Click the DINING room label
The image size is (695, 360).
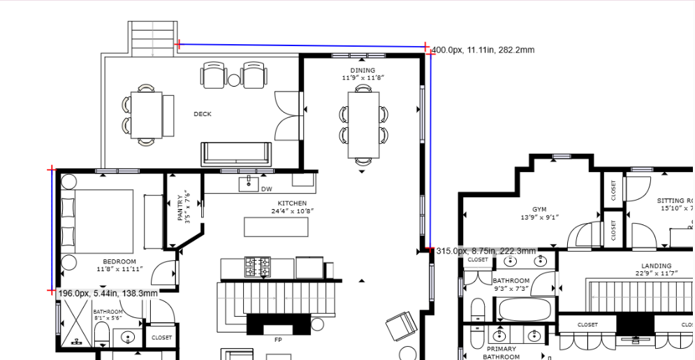tap(363, 71)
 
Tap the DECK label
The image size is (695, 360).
tap(203, 114)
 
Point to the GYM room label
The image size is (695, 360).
tap(539, 209)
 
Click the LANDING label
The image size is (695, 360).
tap(656, 266)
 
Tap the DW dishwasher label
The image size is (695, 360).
tap(266, 189)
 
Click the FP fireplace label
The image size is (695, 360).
tap(278, 340)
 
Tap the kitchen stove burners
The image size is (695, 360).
tap(256, 267)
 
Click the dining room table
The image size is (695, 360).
tap(363, 125)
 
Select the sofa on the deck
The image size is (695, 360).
tap(236, 154)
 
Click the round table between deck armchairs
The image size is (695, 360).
tap(234, 80)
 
